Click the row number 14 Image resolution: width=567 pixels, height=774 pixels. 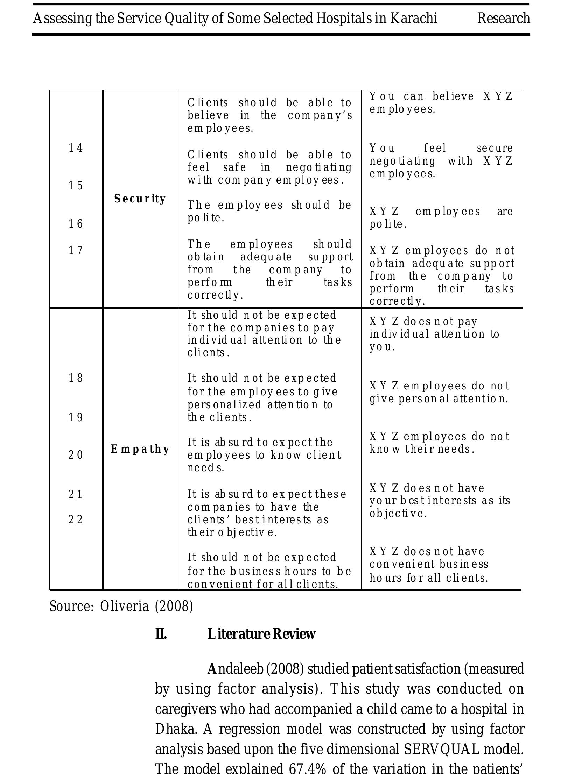pos(76,148)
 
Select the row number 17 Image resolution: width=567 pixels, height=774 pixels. pos(76,250)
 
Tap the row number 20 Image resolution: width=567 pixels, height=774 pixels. pos(76,455)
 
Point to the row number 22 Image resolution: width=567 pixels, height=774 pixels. pos(76,520)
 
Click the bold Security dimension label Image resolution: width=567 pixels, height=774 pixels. pos(140,199)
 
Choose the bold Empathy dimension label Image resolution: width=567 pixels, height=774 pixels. pos(140,449)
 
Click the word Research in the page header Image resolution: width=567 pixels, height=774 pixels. pos(503,18)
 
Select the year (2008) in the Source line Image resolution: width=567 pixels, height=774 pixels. pos(174,606)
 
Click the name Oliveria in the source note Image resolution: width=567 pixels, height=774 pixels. pos(124,606)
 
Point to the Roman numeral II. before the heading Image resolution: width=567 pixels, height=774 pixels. pos(161,634)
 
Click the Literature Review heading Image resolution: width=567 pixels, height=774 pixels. pos(261,634)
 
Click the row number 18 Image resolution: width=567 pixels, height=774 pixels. pos(76,378)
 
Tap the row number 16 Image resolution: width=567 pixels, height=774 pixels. pos(76,224)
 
